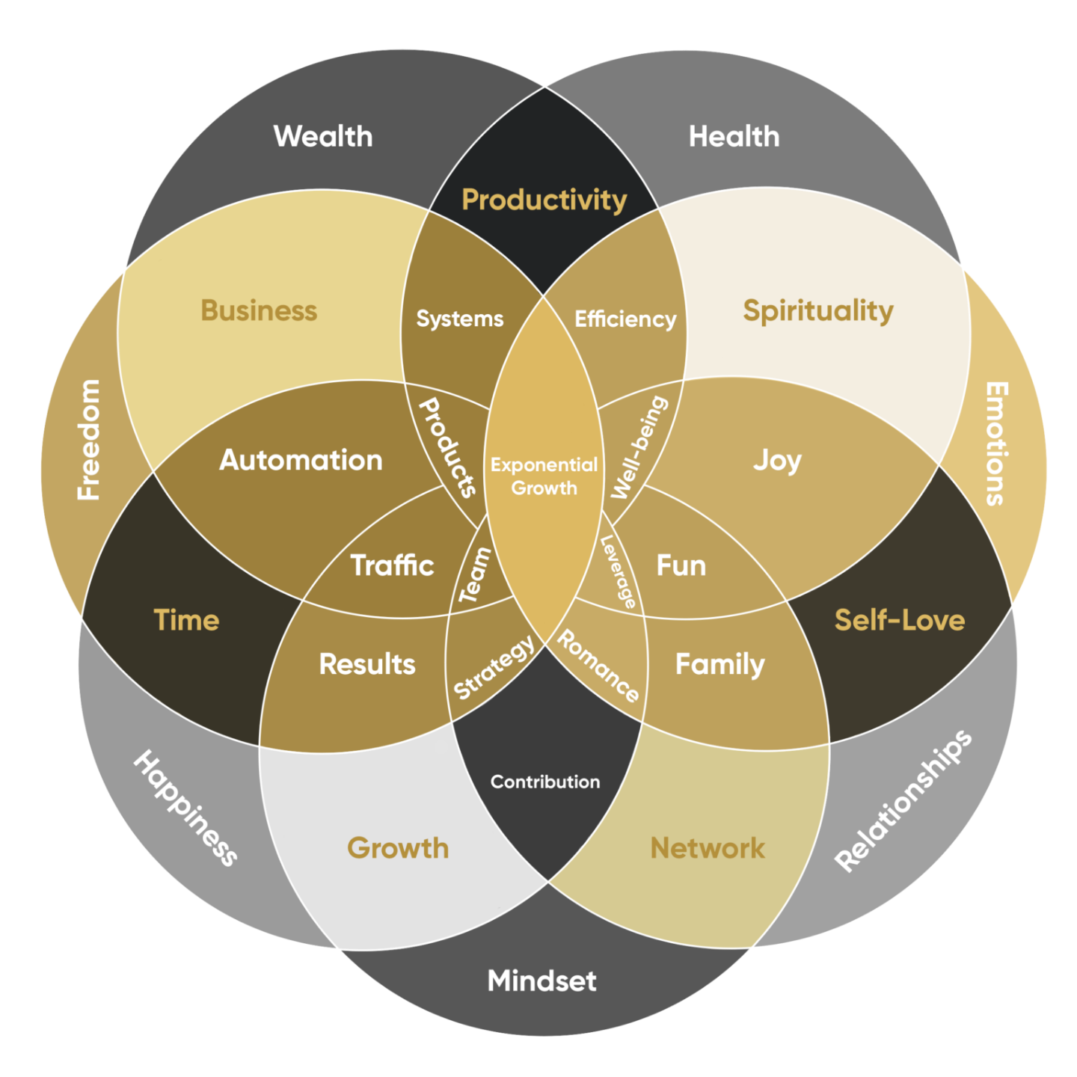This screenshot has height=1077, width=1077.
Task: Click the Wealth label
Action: (x=323, y=137)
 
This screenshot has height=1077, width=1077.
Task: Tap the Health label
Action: (x=734, y=137)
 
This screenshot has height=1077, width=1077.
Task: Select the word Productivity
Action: (x=544, y=200)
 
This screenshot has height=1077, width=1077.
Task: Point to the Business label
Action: (x=259, y=311)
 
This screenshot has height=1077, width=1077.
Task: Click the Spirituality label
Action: (x=818, y=311)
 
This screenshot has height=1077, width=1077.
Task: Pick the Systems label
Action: (x=460, y=319)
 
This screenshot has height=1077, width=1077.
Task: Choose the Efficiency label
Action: (x=625, y=319)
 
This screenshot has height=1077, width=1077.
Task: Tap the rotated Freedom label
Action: (x=89, y=440)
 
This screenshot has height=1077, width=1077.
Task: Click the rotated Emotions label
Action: (x=995, y=444)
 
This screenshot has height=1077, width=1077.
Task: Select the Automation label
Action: (x=301, y=460)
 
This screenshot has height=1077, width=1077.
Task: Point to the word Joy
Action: (x=777, y=461)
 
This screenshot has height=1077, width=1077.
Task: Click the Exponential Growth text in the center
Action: (x=544, y=476)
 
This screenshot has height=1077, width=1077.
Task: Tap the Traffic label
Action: (x=392, y=565)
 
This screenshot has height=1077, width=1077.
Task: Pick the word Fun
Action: (x=681, y=565)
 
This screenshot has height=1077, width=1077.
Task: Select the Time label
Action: (x=186, y=620)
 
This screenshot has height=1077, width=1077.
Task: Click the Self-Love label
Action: (x=899, y=620)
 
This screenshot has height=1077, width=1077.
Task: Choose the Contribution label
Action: (x=544, y=782)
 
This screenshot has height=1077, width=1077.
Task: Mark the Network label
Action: (x=708, y=848)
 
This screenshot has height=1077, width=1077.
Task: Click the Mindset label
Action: (x=541, y=981)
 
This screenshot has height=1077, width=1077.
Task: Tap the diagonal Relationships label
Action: (x=903, y=800)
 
